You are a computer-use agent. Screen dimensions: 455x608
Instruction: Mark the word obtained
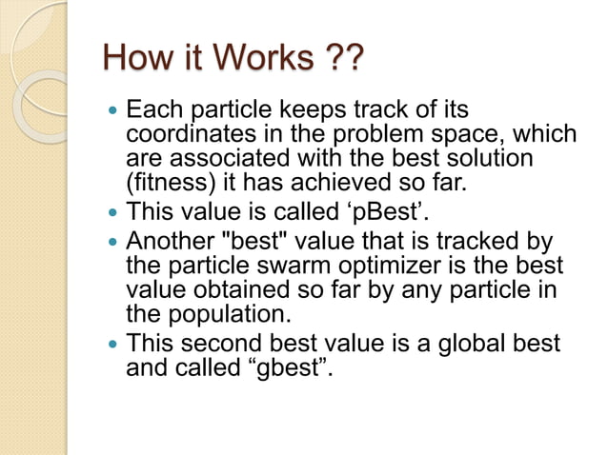pyautogui.click(x=228, y=290)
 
